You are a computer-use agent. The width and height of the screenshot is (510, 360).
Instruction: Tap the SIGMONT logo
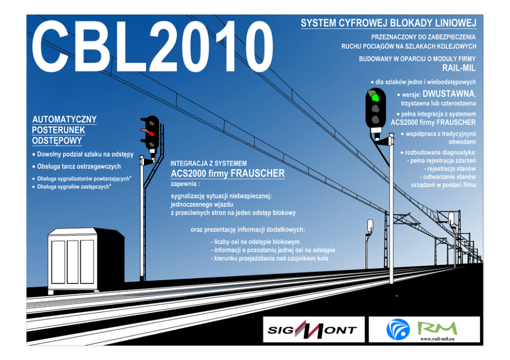(312, 330)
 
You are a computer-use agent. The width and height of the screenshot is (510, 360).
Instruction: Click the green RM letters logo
(437, 328)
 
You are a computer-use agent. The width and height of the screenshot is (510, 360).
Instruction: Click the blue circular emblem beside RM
(398, 329)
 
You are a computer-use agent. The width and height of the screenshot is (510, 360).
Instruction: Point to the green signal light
(375, 97)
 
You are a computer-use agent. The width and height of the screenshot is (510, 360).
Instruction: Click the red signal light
(149, 133)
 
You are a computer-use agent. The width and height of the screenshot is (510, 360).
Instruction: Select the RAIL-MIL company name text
(459, 68)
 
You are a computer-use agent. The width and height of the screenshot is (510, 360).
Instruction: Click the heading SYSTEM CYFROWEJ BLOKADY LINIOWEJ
(388, 23)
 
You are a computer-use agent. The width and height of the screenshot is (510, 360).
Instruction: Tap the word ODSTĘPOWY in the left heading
(57, 140)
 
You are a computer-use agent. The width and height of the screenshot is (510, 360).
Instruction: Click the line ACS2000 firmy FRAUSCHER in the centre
(227, 174)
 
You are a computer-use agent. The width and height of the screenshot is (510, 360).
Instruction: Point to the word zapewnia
(185, 184)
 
